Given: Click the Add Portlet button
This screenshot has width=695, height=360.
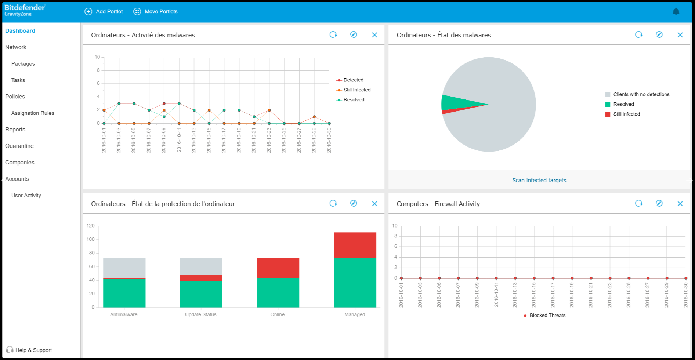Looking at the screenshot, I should [x=104, y=11].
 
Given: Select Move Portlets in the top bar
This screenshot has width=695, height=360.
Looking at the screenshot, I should [x=156, y=11].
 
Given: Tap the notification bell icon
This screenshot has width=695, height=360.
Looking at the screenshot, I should [x=676, y=12].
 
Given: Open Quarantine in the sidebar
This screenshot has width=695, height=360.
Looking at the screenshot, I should [x=19, y=146].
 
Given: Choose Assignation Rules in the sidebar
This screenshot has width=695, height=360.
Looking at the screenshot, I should [x=33, y=113].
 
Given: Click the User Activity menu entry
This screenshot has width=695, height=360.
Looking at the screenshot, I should [x=26, y=196].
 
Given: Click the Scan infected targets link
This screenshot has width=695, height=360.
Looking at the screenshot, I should [x=539, y=180].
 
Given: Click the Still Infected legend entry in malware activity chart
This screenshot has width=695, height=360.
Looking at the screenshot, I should [x=356, y=90].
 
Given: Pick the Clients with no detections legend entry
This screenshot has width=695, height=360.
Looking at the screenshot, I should [x=641, y=94].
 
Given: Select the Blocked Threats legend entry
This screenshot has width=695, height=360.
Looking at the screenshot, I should [x=547, y=316].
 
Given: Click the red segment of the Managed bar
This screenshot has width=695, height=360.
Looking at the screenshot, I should [x=355, y=245].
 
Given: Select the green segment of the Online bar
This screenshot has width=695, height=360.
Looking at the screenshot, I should [x=278, y=292].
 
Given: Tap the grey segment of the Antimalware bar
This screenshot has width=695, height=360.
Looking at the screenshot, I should [x=124, y=268].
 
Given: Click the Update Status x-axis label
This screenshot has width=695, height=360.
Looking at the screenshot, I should [x=200, y=314].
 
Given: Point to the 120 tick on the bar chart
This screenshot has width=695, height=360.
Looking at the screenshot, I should [x=90, y=226].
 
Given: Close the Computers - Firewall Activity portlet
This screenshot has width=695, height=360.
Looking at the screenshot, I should [x=680, y=204].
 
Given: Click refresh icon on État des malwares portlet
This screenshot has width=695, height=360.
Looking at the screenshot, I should [x=639, y=34].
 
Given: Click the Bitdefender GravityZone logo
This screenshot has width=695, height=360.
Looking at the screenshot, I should [x=25, y=10].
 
